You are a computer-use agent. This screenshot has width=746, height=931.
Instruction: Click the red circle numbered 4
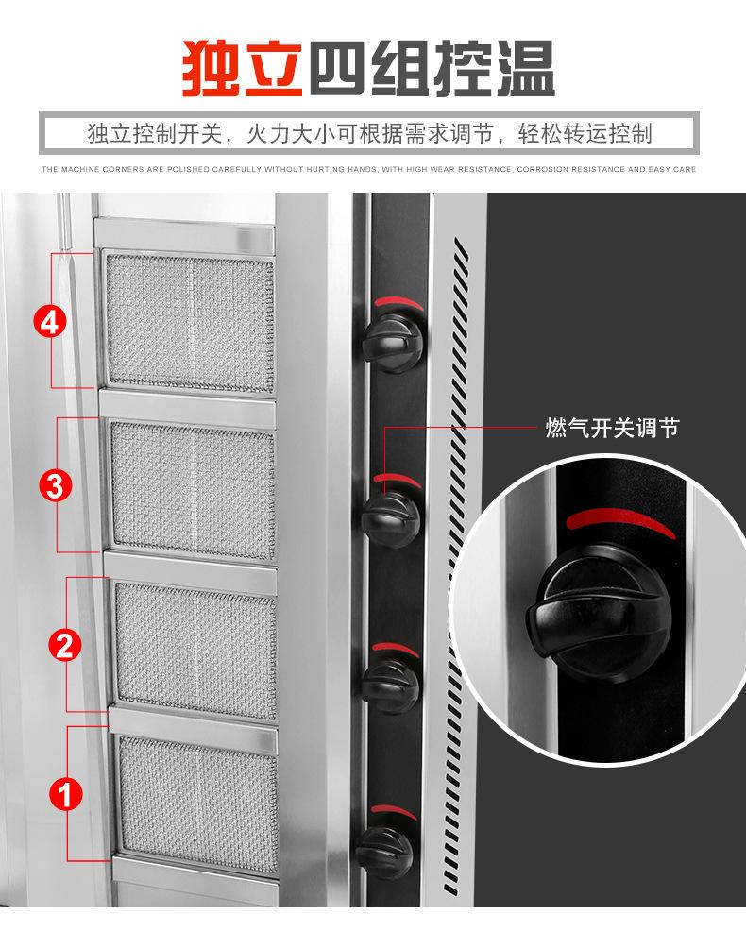[51, 321]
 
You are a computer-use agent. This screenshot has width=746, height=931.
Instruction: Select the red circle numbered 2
[63, 646]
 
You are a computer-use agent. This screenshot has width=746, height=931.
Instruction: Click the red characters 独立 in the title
[244, 67]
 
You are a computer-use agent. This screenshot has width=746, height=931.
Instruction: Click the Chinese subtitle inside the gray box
[369, 133]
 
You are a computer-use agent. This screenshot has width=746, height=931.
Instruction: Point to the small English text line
[369, 170]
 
